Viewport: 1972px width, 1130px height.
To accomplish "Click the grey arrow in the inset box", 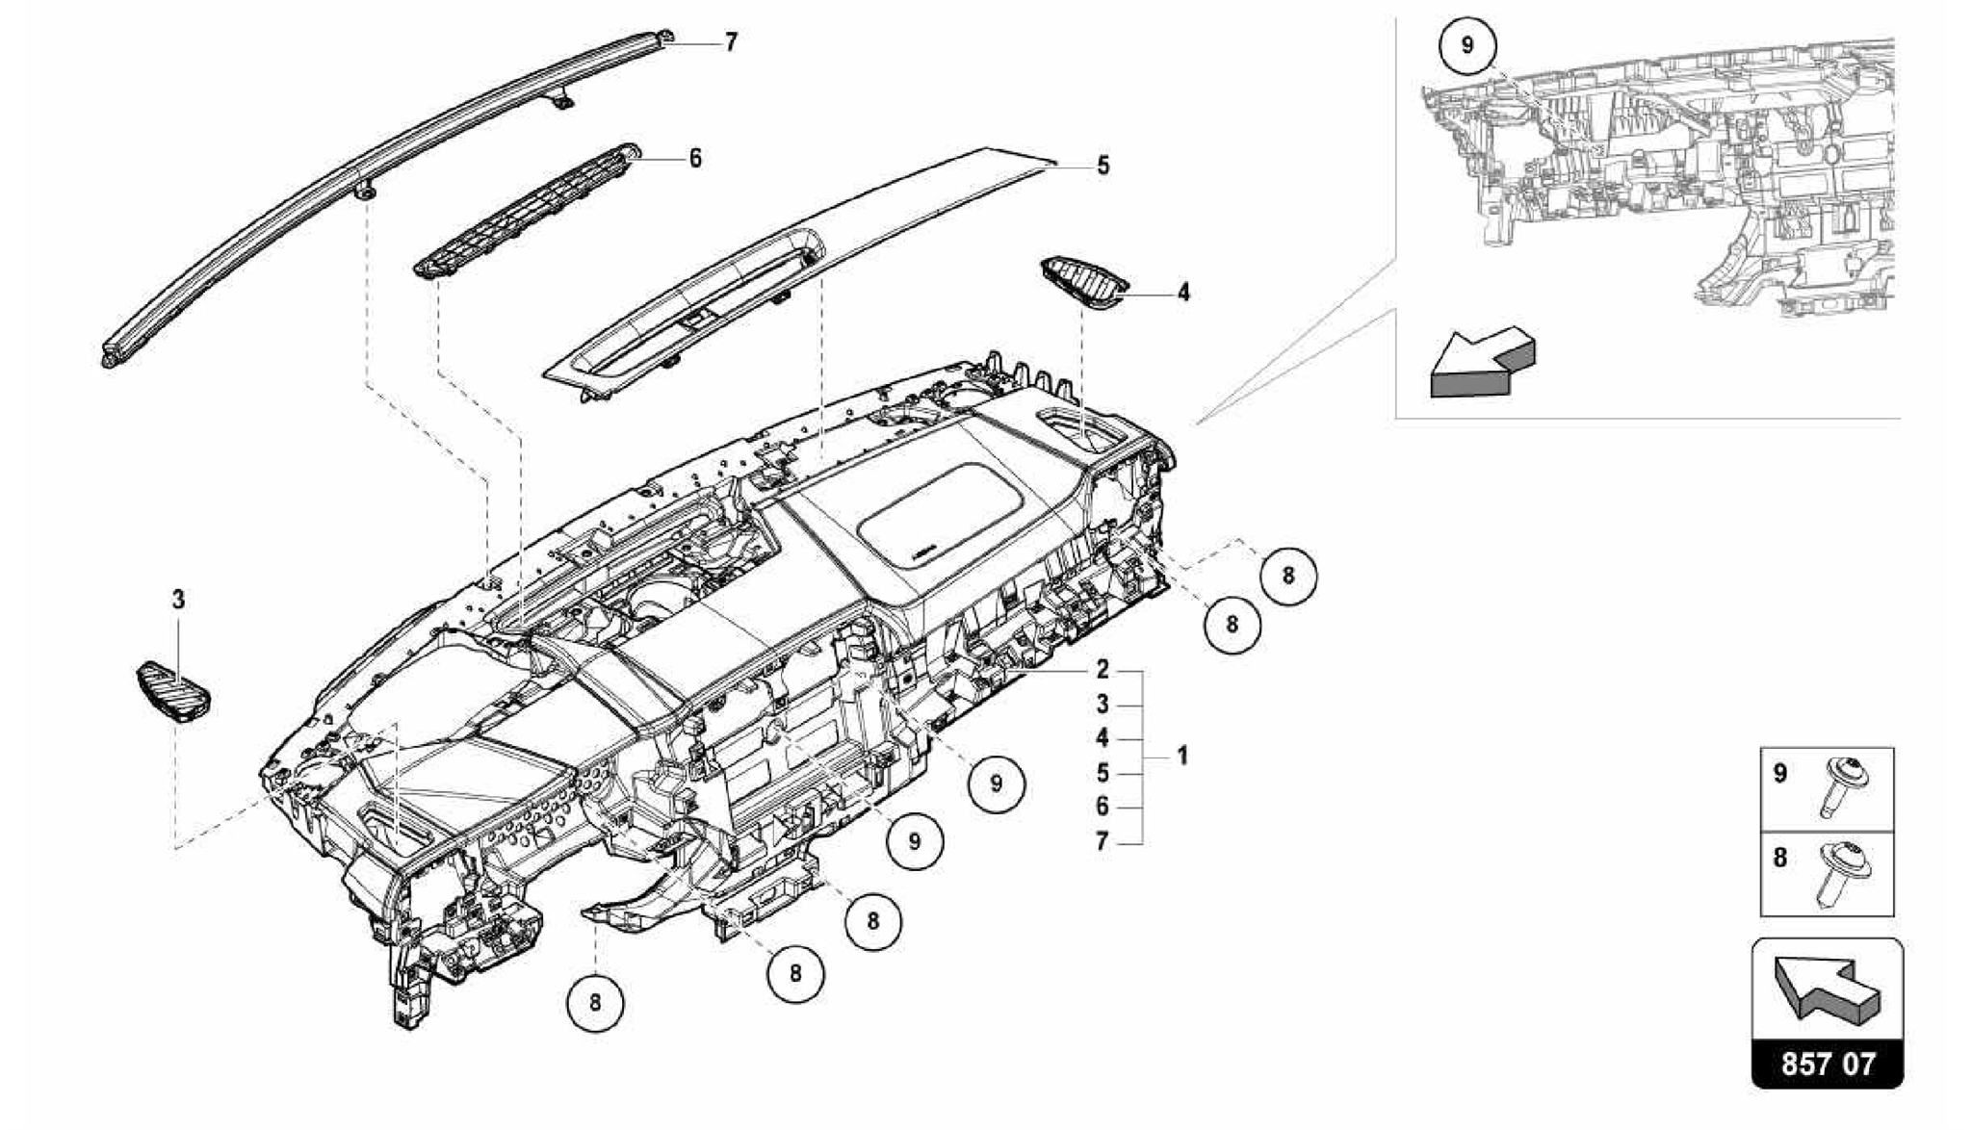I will (1481, 363).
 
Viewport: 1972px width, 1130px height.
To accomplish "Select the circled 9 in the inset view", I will (1466, 46).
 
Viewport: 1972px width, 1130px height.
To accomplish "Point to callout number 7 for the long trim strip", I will (731, 43).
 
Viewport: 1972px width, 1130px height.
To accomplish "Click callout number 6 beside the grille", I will (695, 158).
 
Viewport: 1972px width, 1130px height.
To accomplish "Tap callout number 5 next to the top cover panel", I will (1103, 166).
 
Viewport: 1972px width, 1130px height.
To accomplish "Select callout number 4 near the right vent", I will (1182, 292).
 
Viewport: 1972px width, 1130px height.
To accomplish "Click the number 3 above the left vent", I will (178, 601).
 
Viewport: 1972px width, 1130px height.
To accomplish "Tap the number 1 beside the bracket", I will (1182, 756).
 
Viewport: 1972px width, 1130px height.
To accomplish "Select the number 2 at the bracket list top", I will (1103, 670).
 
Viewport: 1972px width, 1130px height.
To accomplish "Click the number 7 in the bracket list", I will (1103, 842).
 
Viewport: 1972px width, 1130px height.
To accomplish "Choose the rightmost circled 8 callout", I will (1288, 576).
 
